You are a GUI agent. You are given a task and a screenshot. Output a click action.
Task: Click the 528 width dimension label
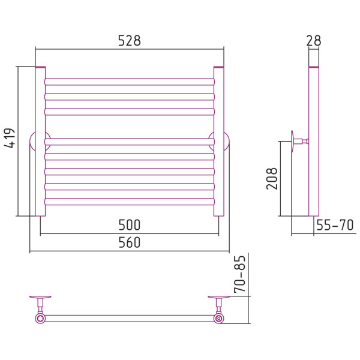[x=129, y=41]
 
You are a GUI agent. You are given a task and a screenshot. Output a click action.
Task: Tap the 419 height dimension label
[x=10, y=138]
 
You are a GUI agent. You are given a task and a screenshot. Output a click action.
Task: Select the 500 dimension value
[x=129, y=225]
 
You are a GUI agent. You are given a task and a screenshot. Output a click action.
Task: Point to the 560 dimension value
[x=129, y=242]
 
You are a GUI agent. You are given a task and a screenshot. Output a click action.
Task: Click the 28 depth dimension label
[x=314, y=41]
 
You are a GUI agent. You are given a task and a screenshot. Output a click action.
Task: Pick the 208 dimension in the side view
[x=272, y=178]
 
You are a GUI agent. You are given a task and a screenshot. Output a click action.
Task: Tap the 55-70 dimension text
[x=335, y=225]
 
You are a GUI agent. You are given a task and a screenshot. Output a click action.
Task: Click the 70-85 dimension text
[x=240, y=274]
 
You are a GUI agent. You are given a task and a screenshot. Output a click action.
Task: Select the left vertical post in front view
[x=40, y=142]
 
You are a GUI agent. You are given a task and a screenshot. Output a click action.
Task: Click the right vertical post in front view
[x=219, y=142]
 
